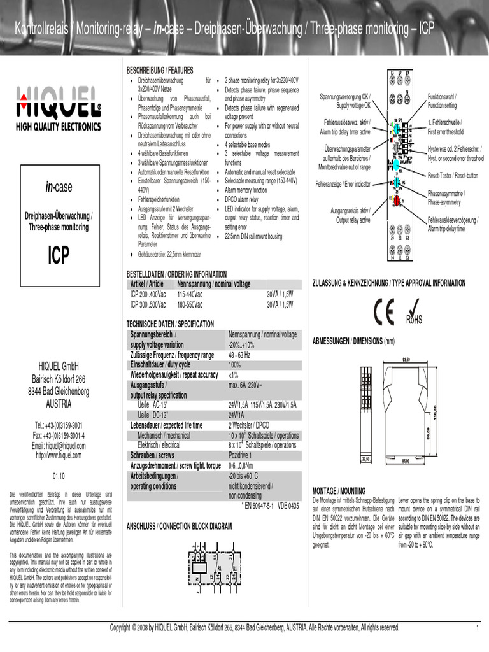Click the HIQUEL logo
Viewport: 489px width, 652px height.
pos(58,106)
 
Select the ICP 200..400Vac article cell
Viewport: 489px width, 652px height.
pos(148,295)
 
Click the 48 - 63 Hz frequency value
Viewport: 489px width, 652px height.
pos(239,355)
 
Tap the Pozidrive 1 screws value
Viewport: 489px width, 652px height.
pos(241,456)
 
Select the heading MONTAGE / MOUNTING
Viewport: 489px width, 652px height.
pos(339,491)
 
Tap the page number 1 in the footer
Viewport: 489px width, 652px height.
pos(476,628)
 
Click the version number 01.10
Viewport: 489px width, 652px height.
pos(58,476)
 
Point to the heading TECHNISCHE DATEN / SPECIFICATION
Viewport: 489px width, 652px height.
pos(170,324)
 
